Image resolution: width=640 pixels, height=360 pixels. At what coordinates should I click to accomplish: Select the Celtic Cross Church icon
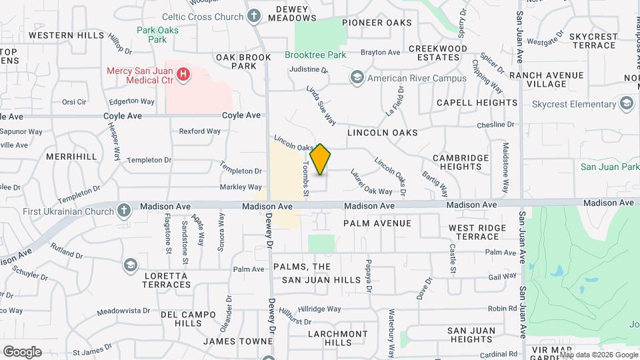254,15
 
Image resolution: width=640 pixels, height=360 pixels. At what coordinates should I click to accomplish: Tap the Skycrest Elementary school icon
626,103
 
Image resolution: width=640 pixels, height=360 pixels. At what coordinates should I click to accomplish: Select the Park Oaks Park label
151,35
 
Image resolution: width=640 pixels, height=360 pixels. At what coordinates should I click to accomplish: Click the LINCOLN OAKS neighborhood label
382,133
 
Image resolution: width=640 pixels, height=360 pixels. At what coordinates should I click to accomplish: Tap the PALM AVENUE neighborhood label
377,223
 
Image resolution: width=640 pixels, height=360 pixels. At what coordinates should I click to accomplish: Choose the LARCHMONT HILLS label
337,338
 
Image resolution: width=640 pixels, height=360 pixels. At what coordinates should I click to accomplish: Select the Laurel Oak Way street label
367,181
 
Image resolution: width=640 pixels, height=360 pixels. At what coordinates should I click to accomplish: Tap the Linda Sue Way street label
321,105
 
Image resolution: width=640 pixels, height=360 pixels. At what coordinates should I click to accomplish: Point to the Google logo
22,351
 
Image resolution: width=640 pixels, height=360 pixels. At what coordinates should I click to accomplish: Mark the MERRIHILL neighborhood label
71,156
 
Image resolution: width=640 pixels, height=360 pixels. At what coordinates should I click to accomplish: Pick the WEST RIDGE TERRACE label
474,232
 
